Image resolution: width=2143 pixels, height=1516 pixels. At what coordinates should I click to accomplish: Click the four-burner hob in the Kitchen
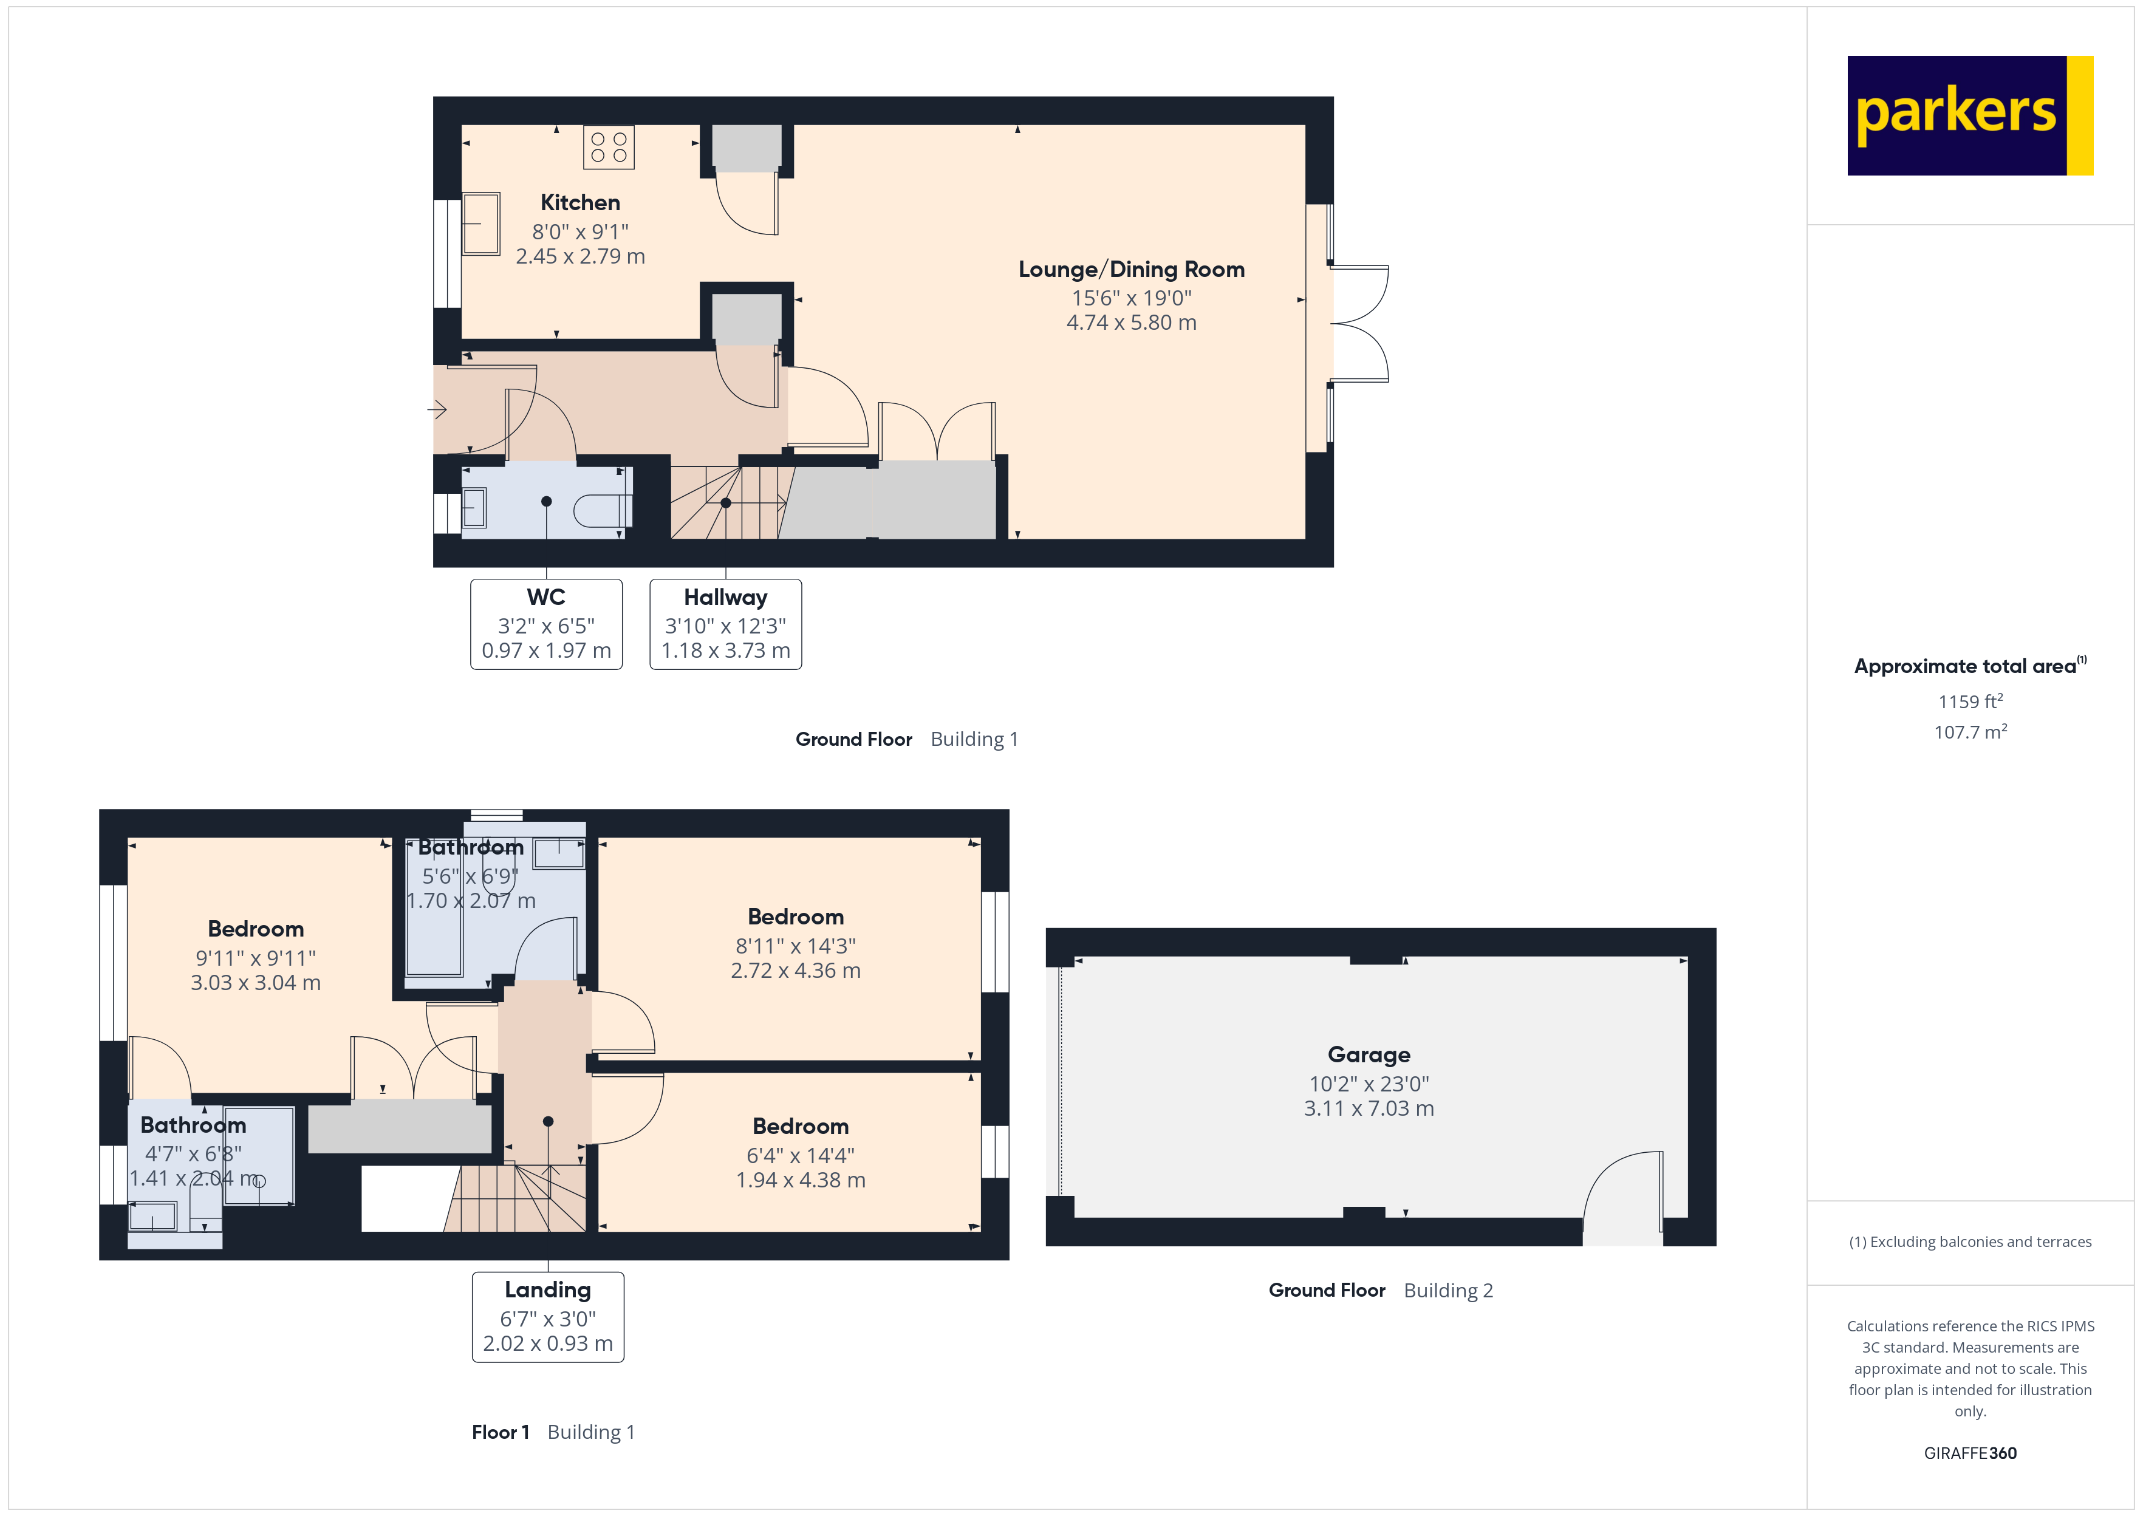(x=609, y=148)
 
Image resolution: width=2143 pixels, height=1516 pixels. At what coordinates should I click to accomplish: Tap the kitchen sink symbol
(x=480, y=223)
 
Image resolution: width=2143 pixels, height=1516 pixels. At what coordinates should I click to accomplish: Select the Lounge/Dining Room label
(x=1130, y=270)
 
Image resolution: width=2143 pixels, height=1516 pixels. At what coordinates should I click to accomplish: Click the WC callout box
(x=546, y=624)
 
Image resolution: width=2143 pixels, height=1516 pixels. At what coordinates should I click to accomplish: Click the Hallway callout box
(x=725, y=624)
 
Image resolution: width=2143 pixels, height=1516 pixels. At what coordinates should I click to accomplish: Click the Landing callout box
(x=548, y=1316)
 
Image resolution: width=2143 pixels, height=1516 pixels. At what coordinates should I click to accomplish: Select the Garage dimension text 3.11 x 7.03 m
(x=1369, y=1109)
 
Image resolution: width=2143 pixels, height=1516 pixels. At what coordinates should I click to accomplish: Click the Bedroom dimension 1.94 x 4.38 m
(x=800, y=1180)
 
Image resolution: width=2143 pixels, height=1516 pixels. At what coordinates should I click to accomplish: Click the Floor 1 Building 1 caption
(x=553, y=1432)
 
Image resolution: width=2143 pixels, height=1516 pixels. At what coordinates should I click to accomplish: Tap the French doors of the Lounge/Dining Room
(x=1359, y=323)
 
